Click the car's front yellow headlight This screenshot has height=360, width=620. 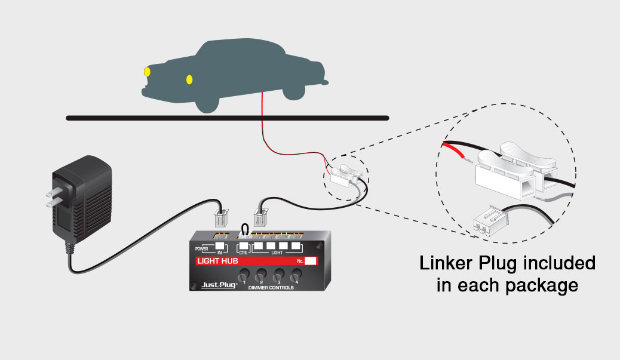tap(147, 72)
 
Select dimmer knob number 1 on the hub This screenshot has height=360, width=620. tap(243, 275)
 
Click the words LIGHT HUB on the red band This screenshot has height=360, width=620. tap(216, 261)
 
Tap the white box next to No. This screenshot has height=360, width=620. tap(311, 261)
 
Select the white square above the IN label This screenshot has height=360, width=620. tap(220, 245)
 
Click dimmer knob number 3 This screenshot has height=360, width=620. tap(278, 275)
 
